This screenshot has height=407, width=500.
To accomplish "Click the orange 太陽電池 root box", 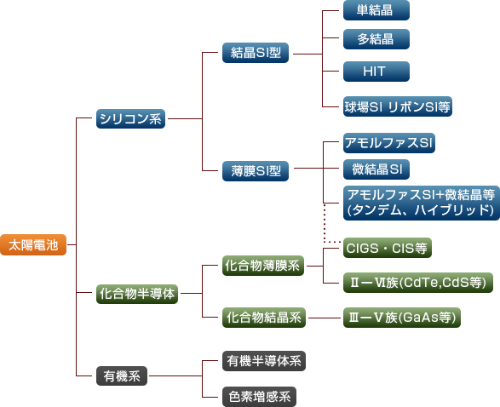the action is click(x=33, y=244).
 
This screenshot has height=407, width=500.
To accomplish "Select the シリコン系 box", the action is click(x=130, y=119).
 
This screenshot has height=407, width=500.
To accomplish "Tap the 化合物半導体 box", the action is click(x=137, y=294).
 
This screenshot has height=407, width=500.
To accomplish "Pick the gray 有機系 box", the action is click(x=122, y=376).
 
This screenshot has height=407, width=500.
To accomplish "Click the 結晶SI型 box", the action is click(x=256, y=53).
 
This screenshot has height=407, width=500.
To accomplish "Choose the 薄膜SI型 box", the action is click(x=256, y=171).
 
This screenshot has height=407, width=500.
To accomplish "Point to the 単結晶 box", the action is click(x=376, y=10).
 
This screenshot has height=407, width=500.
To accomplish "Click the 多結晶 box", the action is click(x=376, y=39).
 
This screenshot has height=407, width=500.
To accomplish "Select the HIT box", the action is click(x=376, y=72).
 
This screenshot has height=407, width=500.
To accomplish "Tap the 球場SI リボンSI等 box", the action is click(x=398, y=106).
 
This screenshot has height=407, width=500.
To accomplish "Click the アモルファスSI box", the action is click(x=389, y=143).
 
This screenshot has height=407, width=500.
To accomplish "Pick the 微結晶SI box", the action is click(x=376, y=169).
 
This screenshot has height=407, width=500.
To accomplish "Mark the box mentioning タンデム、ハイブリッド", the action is click(x=422, y=203).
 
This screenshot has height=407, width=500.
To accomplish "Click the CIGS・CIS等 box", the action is click(x=388, y=248).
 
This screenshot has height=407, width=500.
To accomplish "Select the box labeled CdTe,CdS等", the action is click(x=418, y=283).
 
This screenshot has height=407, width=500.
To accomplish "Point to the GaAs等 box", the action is click(x=402, y=318).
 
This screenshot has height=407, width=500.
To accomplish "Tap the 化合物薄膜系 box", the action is click(x=263, y=266).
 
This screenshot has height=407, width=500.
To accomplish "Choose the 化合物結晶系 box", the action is click(x=264, y=318).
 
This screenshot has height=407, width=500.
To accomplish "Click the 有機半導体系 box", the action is click(x=264, y=361).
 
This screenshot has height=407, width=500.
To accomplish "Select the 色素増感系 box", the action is click(x=259, y=397).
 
